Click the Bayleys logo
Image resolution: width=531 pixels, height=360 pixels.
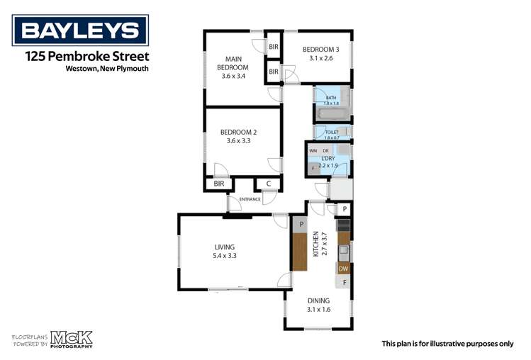click(x=80, y=30)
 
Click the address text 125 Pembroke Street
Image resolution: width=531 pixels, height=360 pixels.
click(x=86, y=56)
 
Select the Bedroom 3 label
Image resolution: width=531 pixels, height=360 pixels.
click(x=316, y=54)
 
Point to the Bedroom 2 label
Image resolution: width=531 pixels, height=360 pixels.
click(x=238, y=136)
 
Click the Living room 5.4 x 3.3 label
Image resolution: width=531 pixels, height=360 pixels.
click(x=225, y=252)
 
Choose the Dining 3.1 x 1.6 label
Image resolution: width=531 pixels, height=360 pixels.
click(x=318, y=305)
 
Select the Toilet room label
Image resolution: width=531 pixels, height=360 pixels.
click(x=332, y=133)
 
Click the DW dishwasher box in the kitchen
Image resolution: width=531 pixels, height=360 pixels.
click(x=343, y=269)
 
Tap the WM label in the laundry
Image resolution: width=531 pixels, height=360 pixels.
click(x=313, y=151)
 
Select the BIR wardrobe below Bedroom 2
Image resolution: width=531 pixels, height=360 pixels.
click(x=216, y=184)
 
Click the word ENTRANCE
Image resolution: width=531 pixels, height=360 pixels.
click(x=249, y=199)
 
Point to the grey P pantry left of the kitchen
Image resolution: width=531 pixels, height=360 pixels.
click(x=301, y=224)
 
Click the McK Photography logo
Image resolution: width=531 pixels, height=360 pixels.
click(x=52, y=339)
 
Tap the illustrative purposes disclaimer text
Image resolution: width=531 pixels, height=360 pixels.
click(x=447, y=343)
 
